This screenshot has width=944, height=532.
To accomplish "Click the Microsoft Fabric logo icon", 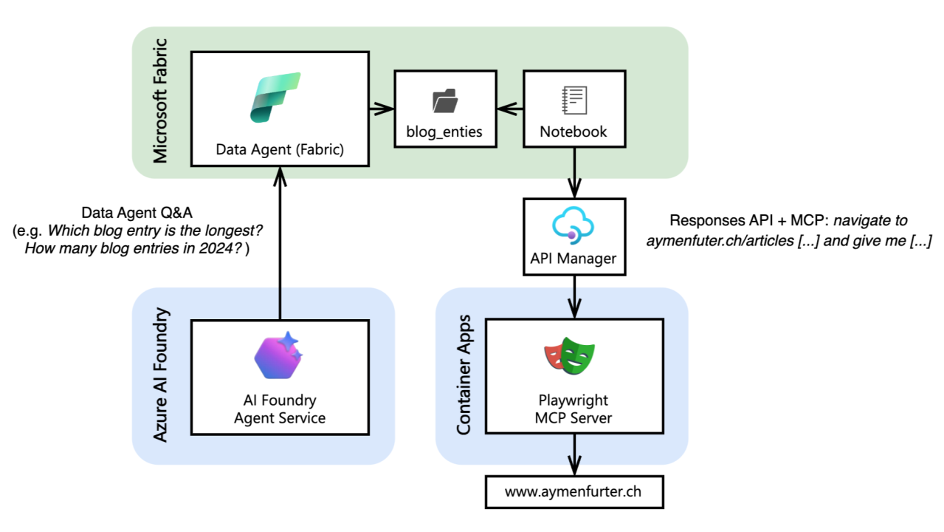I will pos(275,97).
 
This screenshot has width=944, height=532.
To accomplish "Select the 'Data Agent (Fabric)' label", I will pos(280,150).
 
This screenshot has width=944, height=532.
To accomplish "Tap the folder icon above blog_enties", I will pos(444,100).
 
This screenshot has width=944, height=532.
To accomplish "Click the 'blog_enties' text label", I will pos(444,132).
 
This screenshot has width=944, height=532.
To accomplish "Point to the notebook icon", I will pos(573,99).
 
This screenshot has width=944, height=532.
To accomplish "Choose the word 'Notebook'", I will pos(573,132).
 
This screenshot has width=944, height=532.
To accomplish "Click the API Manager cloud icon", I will pos(573,225).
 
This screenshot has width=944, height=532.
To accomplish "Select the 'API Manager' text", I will pos(573,259).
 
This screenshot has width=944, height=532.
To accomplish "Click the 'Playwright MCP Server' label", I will pos(573,409).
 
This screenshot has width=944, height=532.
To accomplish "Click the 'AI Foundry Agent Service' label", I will pos(280,409).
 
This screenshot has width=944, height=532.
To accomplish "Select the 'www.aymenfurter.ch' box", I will pos(573,491).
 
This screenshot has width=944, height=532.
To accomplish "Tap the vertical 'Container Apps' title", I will pos(464,376).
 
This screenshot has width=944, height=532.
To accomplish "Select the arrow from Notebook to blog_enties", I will pos(509,109).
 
